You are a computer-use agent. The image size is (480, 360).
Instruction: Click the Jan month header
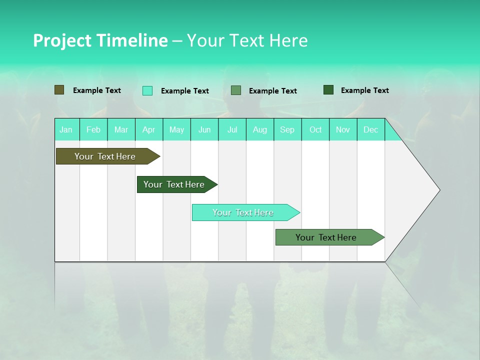66,129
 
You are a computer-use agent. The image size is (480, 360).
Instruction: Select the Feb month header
93,129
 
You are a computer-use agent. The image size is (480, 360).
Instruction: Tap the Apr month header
149,129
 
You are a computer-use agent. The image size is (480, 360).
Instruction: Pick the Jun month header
204,129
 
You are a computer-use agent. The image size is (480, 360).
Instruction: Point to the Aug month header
260,129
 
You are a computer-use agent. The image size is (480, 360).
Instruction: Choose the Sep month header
287,129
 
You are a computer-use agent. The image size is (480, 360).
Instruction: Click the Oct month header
315,129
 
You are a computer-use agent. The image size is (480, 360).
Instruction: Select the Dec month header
371,129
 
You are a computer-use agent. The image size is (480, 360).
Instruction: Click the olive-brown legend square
59,90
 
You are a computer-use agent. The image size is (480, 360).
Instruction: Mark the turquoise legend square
147,90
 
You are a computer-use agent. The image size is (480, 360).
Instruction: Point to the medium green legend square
236,90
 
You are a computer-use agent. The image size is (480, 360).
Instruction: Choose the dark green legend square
328,90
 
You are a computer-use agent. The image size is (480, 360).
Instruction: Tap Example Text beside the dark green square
364,90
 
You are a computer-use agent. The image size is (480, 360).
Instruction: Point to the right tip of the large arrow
439,190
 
